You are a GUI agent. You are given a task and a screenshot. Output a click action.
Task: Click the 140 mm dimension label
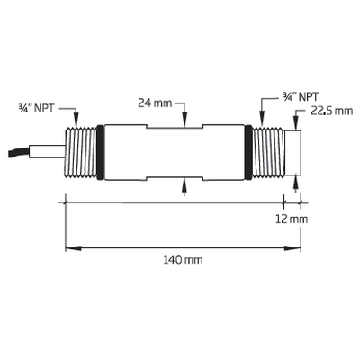tap(183, 259)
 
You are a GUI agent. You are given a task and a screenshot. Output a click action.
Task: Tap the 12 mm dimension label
tap(292, 220)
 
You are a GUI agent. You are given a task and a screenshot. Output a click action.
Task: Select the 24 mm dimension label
tap(155, 103)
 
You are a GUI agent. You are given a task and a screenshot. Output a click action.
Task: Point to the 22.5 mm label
tap(331, 111)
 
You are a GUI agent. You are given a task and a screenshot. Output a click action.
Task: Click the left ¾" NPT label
tap(36, 108)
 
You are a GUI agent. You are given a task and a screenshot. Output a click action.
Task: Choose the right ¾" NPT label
tap(301, 96)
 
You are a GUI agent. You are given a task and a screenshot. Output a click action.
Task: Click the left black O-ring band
tap(100, 152)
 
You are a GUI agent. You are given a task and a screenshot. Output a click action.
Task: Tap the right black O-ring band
tap(248, 152)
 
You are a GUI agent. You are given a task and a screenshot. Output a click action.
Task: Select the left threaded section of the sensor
tap(81, 152)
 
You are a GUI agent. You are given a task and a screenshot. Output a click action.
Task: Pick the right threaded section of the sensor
tap(268, 152)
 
